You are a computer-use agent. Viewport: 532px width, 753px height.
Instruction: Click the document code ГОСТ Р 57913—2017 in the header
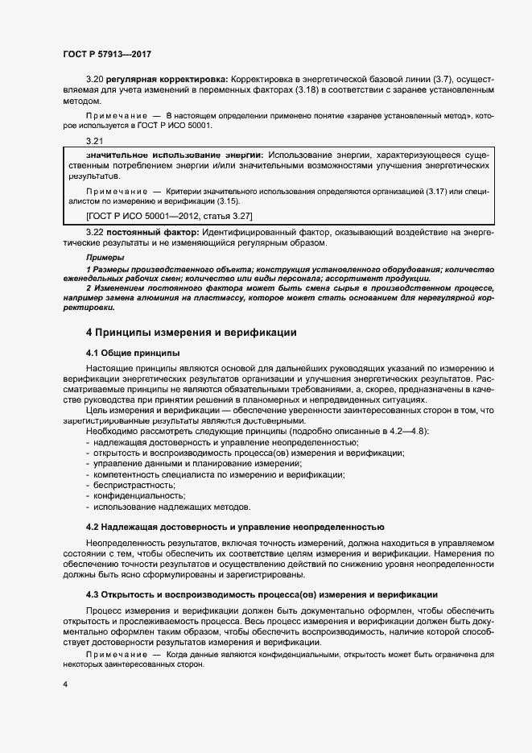click(x=107, y=54)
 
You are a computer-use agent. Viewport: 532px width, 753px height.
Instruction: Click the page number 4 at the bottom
click(x=64, y=684)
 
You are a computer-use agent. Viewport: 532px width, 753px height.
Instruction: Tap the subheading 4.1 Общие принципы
click(x=132, y=353)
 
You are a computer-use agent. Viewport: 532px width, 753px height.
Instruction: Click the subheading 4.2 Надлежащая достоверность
click(x=234, y=527)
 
